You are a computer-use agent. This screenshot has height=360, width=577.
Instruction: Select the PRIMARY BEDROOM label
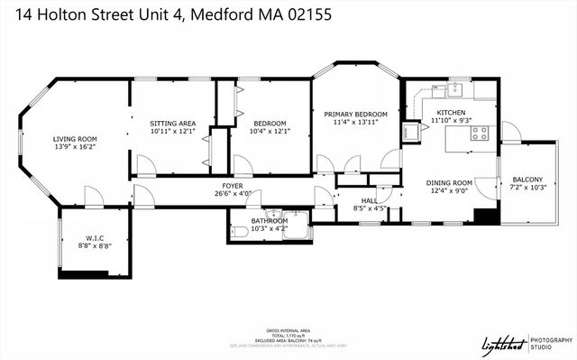coord(355,114)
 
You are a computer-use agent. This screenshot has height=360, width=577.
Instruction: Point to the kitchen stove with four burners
coord(480,134)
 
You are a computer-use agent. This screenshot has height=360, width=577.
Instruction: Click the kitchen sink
coord(455,88)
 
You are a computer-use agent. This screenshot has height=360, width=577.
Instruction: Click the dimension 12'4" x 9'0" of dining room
coord(449,190)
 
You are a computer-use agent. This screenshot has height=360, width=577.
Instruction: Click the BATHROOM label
coord(270,220)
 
